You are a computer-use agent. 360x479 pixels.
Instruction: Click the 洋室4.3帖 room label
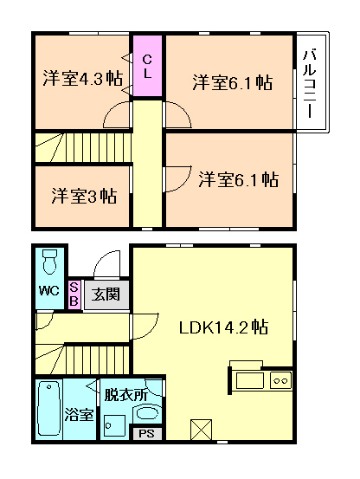83,78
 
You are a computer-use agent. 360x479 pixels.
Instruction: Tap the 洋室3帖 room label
84,196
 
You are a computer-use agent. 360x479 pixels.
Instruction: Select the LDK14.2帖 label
223,327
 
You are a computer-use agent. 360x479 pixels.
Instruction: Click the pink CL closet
148,66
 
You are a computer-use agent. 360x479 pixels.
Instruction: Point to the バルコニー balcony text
309,84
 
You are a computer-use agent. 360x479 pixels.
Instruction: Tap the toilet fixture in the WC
49,262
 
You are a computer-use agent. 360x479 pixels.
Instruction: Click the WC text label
48,290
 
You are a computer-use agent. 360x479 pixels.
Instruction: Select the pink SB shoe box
74,295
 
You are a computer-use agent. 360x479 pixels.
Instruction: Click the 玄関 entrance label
106,295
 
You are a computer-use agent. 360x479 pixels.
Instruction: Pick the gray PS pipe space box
147,433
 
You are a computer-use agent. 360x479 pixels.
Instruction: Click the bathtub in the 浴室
48,410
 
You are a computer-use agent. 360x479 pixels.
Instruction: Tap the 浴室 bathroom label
79,415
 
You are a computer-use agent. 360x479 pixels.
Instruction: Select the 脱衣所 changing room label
126,395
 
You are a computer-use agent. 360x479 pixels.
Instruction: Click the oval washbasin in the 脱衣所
147,413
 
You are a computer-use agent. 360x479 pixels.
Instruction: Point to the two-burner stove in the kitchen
281,380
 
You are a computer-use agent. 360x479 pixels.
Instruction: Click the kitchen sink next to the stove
250,380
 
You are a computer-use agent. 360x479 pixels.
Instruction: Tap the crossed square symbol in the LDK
201,430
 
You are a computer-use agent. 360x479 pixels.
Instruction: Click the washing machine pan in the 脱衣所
114,425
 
